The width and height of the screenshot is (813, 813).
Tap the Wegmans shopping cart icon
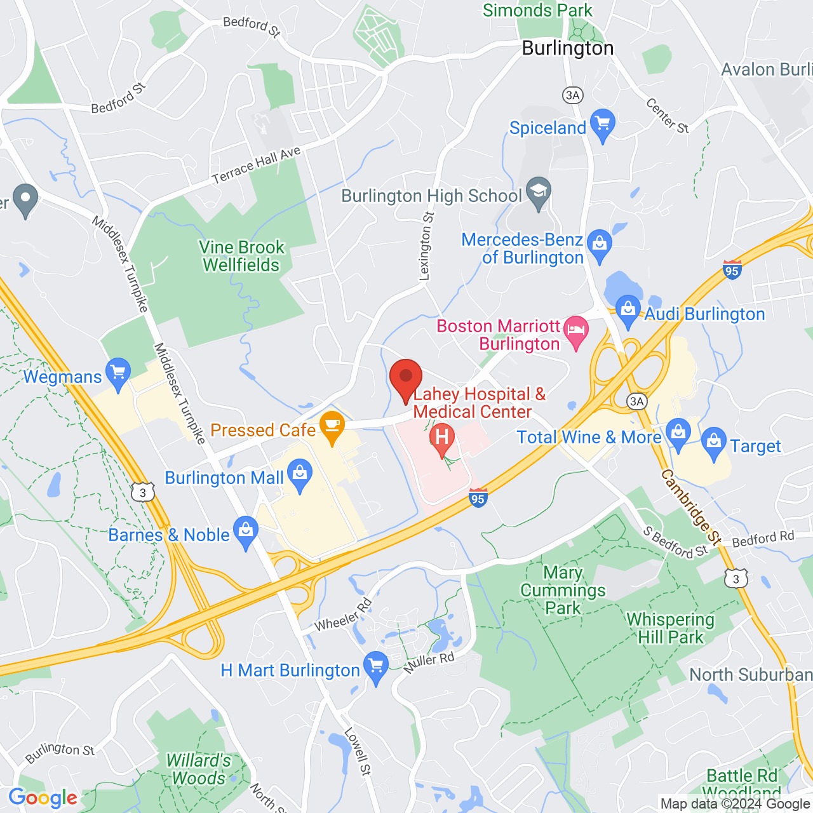118,374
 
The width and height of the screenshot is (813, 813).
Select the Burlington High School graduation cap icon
539,192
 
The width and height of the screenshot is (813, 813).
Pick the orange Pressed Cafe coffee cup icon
332,427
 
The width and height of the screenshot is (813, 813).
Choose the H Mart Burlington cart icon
376,667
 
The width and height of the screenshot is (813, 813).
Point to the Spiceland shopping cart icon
602,125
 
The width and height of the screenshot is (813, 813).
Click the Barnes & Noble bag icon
246,532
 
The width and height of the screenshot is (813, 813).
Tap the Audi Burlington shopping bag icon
628,312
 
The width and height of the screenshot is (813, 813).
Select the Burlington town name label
568,48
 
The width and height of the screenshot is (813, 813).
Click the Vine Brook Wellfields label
241,256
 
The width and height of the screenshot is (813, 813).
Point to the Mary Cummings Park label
563,590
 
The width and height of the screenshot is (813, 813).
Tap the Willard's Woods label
199,769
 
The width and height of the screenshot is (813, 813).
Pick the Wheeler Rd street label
343,615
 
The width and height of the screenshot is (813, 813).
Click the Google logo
43,798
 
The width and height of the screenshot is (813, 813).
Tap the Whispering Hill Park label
671,628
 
